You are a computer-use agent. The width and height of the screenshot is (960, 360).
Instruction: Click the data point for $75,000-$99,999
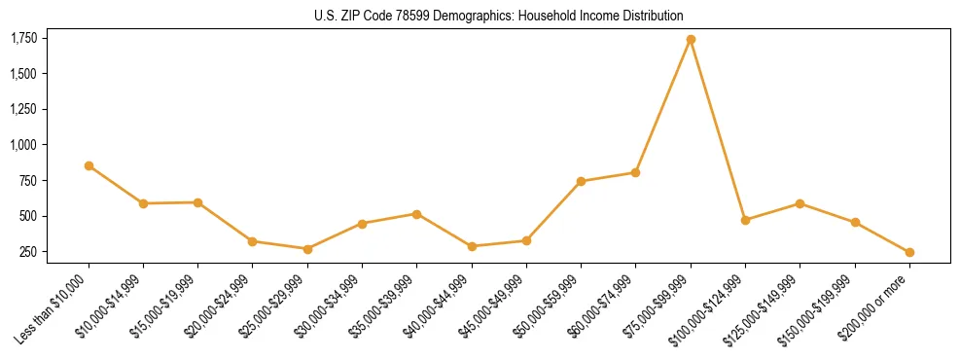(x=691, y=40)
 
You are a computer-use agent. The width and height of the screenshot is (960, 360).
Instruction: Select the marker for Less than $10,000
(x=89, y=165)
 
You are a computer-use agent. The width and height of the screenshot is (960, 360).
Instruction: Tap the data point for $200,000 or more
(x=909, y=252)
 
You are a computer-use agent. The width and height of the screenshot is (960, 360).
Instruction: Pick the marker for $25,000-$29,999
(x=307, y=249)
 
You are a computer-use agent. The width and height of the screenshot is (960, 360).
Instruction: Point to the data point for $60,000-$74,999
(x=635, y=172)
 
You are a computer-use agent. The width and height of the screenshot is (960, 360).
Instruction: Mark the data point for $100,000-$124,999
(x=745, y=220)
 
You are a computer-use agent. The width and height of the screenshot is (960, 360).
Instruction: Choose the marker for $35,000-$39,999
(x=416, y=214)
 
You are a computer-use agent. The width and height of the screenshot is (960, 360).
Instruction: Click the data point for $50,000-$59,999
(x=581, y=181)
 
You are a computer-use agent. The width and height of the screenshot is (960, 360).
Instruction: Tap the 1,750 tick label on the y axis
(x=23, y=38)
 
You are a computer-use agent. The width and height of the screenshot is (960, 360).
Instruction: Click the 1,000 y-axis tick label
(x=23, y=145)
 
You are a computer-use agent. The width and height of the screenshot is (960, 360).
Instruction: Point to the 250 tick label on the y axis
(x=27, y=252)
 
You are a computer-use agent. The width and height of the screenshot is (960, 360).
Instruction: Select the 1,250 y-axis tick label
(x=23, y=109)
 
